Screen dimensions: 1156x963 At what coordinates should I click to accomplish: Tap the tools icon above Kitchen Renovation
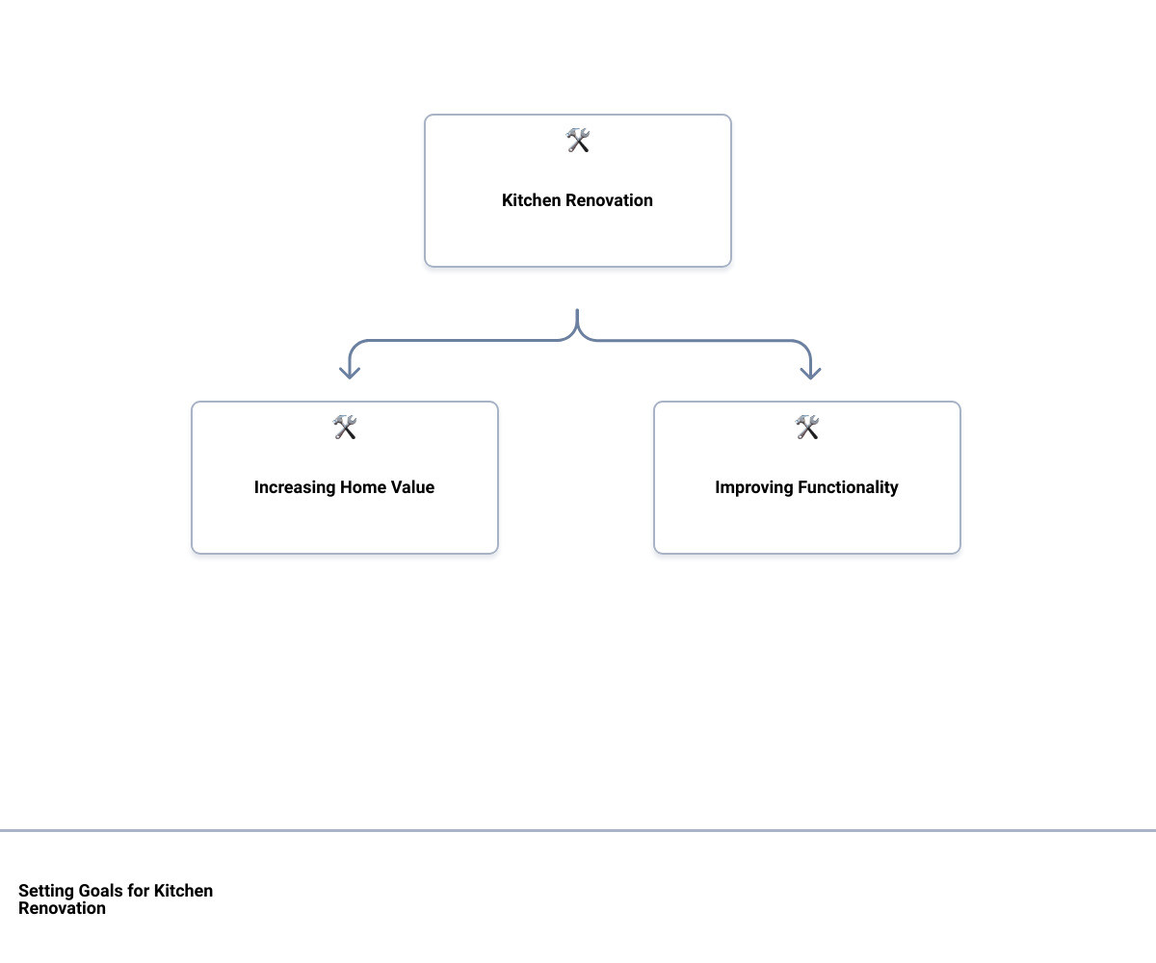click(x=577, y=141)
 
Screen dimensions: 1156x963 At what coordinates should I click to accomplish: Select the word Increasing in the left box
click(x=295, y=487)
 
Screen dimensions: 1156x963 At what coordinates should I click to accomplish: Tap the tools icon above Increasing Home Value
click(x=344, y=428)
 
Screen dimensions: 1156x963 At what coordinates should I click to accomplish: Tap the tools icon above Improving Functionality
click(x=806, y=428)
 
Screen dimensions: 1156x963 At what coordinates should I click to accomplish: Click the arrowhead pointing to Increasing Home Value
click(x=350, y=373)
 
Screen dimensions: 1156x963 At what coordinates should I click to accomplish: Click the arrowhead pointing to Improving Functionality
click(x=810, y=373)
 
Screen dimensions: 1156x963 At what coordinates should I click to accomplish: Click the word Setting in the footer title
click(x=46, y=891)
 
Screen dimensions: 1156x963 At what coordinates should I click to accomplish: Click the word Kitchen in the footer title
click(x=183, y=891)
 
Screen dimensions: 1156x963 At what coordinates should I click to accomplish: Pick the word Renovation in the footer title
click(x=62, y=908)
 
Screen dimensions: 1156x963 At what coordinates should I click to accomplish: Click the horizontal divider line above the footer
click(x=578, y=831)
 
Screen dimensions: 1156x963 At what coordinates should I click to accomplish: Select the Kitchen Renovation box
click(x=577, y=191)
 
